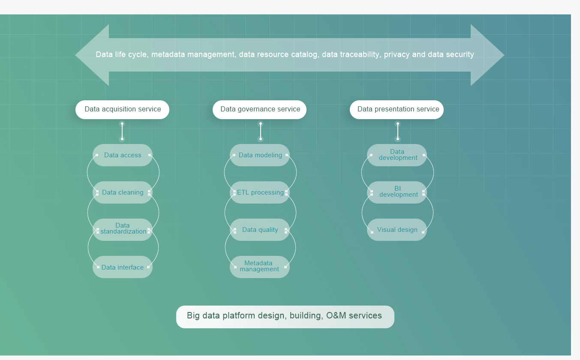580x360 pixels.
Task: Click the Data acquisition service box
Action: coord(122,110)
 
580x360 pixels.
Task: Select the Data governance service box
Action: coord(259,110)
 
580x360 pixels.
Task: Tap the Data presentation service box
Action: coord(397,110)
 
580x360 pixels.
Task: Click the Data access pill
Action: coord(123,155)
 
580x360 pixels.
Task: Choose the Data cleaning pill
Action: coord(123,192)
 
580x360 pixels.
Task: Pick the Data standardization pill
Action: coord(123,230)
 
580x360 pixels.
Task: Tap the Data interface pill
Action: coord(123,267)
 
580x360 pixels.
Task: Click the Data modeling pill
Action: coord(260,155)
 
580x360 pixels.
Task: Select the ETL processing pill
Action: coord(260,192)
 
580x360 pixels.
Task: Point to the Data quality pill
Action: coord(260,230)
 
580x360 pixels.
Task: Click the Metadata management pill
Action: coord(260,267)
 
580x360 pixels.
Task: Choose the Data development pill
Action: coord(397,155)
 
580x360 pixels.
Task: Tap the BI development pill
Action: coord(397,192)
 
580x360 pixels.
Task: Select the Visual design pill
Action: coord(397,230)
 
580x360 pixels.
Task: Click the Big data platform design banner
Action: coord(285,317)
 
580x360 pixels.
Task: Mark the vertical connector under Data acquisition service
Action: coord(122,132)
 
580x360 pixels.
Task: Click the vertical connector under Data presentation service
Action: coord(398,132)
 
